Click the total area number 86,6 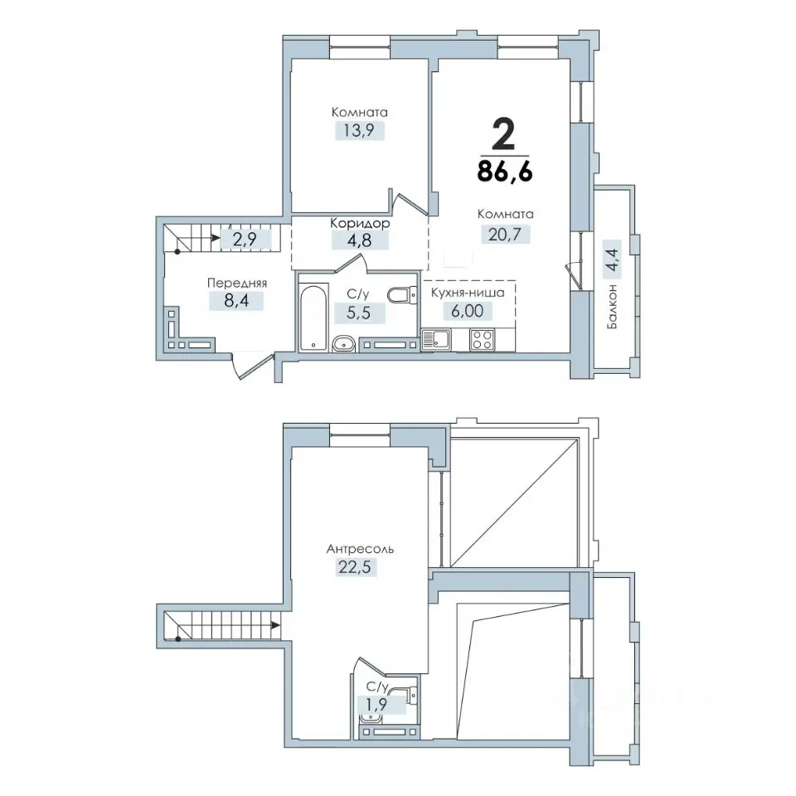(505, 172)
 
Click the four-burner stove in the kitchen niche (482, 340)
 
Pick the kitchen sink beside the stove (436, 340)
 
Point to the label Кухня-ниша (468, 293)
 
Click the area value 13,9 (359, 130)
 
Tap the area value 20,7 (505, 234)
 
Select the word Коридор (360, 223)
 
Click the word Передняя (236, 284)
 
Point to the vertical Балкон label (613, 306)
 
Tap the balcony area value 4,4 (613, 260)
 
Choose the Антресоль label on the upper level (360, 549)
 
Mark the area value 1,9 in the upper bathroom (376, 704)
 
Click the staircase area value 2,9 (245, 239)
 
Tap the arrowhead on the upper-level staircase (275, 624)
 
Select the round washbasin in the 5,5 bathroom (345, 344)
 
